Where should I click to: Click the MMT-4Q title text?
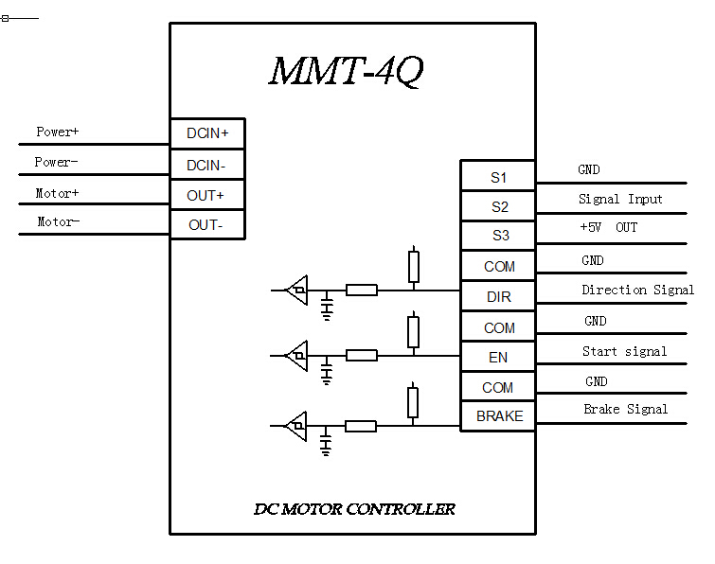pos(346,72)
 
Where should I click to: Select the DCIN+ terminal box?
pos(207,133)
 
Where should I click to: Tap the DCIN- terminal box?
pos(207,165)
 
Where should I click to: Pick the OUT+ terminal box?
pos(207,195)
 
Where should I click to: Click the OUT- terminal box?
pos(207,225)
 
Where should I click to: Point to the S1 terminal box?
pos(498,177)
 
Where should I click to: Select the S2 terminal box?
pos(498,206)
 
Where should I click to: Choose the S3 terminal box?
pos(498,236)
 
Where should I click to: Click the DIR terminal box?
pos(498,296)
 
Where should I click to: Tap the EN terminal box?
pos(498,357)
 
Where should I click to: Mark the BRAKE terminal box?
pos(498,416)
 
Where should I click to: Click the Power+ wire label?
pos(58,132)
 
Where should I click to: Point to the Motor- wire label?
pos(58,221)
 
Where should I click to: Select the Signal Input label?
pos(620,199)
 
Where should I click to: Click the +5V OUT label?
pos(608,228)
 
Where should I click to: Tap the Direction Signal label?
pos(637,290)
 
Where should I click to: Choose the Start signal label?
pos(624,351)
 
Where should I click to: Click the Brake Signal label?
pos(625,409)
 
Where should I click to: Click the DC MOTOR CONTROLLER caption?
pos(354,509)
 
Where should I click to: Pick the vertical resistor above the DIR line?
pos(413,267)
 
